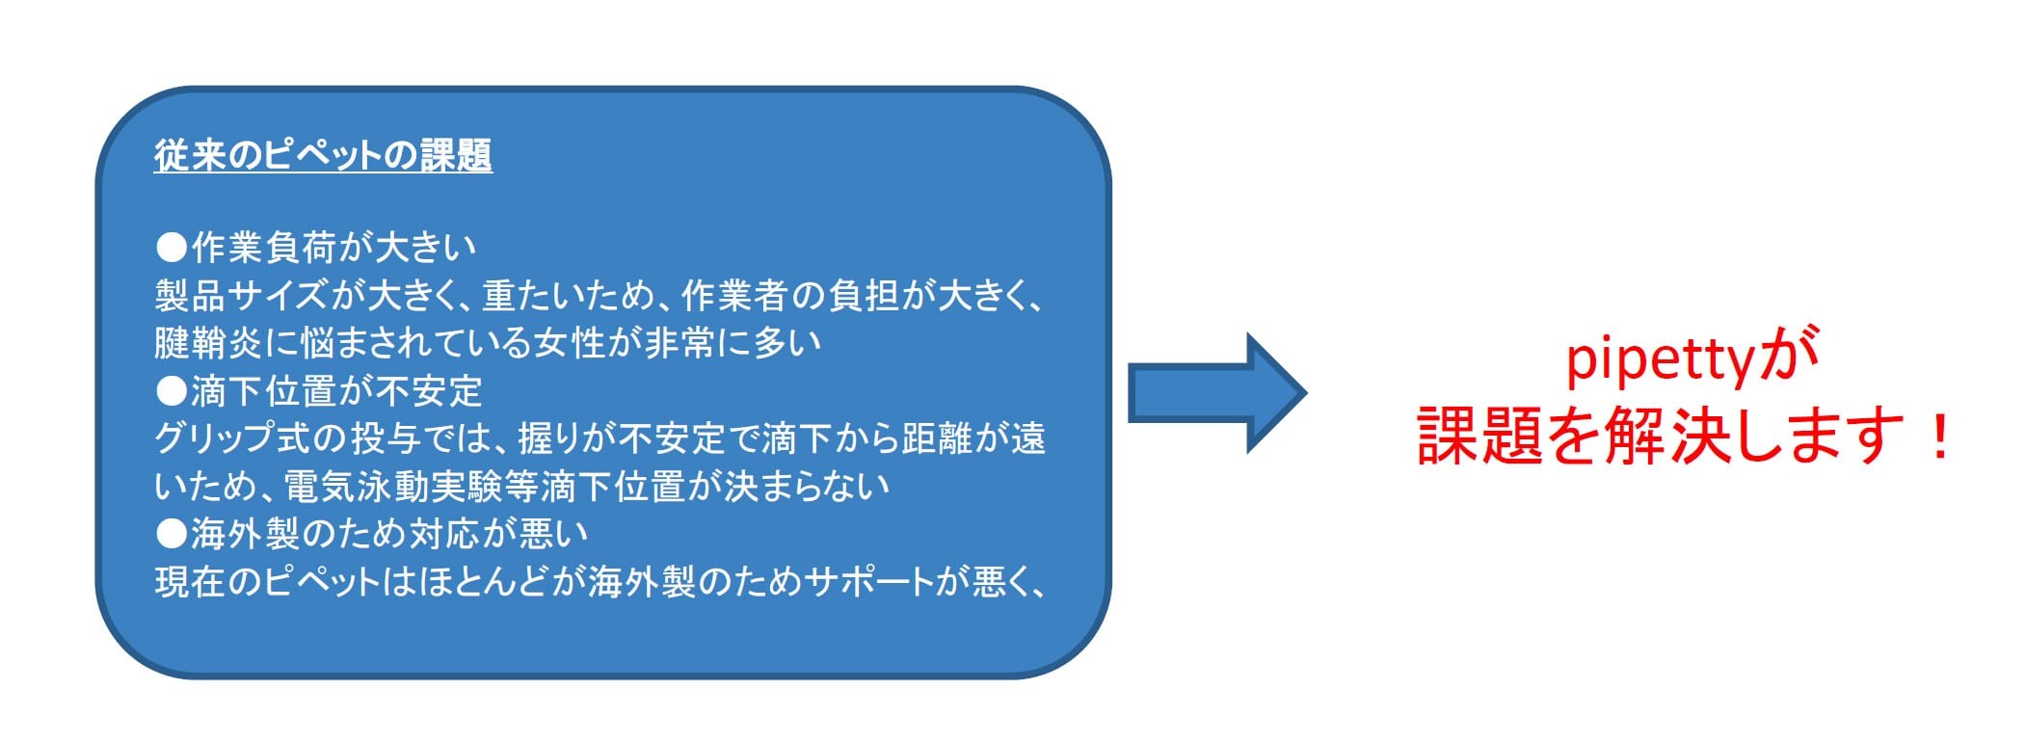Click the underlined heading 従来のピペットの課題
(323, 155)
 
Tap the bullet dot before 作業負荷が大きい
(172, 249)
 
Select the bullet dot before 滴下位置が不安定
(172, 391)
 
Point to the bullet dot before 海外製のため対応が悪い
(172, 534)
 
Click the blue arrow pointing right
(1216, 392)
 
